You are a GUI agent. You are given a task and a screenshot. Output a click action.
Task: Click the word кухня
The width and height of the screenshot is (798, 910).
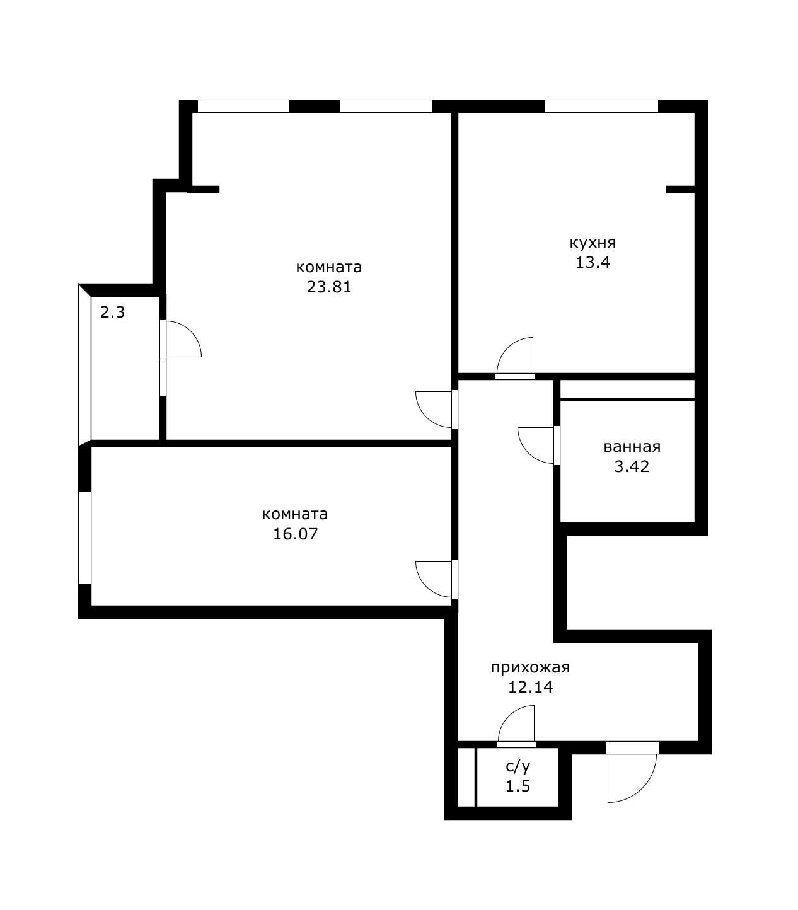point(593,243)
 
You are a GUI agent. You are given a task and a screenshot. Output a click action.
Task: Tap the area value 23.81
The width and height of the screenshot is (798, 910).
point(329,287)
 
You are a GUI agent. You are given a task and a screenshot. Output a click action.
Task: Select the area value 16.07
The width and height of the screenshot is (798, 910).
point(295,534)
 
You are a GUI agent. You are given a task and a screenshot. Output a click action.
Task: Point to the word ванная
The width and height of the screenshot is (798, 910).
point(632,447)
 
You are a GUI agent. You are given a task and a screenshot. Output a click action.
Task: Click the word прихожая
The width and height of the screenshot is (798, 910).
point(530,668)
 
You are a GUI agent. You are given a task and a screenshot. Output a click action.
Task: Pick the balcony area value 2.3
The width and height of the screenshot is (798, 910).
point(112,312)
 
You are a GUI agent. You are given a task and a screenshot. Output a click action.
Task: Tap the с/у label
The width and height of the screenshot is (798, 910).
point(518,766)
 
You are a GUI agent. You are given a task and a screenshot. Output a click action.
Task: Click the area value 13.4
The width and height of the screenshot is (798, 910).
point(593,262)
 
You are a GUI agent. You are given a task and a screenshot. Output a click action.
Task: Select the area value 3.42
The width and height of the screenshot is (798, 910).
point(632,467)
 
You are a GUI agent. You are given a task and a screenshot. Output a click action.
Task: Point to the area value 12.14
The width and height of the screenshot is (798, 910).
point(530,687)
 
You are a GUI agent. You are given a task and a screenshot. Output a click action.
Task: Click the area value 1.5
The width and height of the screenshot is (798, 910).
point(518,786)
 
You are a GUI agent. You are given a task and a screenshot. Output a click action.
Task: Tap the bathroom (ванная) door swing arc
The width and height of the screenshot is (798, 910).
point(528,452)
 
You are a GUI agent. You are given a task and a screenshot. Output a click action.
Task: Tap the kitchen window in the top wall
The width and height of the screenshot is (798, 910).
point(601,106)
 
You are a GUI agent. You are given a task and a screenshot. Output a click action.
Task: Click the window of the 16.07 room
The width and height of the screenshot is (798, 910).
point(85,538)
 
